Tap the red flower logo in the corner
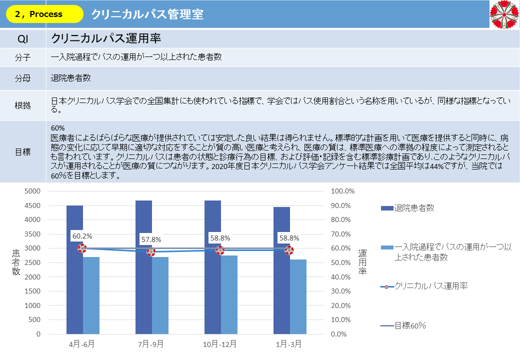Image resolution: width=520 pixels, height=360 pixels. point(504,14)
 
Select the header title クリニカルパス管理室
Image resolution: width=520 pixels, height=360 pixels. point(147,14)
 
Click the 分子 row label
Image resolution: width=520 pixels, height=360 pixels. point(23,57)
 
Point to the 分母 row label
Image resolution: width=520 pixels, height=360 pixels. point(23,78)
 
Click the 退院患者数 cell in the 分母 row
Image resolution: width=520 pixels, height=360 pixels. point(70,78)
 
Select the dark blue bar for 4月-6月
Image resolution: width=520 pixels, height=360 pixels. point(74,270)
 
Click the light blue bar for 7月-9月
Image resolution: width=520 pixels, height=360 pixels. point(160,295)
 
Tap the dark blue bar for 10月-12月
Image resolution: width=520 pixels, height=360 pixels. point(212,270)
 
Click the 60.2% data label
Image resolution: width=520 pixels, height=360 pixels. point(82,236)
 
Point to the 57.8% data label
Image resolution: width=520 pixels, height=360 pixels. point(151,239)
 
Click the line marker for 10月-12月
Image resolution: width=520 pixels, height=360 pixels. point(220,250)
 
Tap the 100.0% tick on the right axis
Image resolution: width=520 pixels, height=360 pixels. point(342,191)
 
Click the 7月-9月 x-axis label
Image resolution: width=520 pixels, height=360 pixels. point(151,344)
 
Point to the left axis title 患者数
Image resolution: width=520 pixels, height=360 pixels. point(16,262)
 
